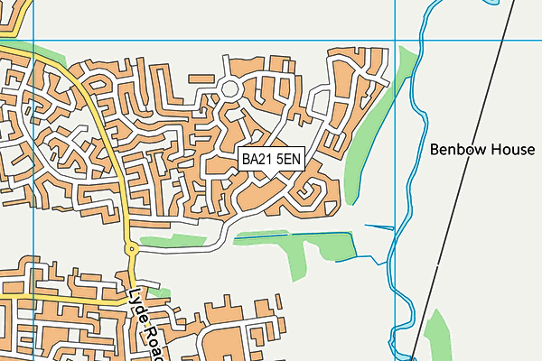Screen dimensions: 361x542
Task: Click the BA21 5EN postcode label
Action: click(271, 159)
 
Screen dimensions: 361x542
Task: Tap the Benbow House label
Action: click(482, 150)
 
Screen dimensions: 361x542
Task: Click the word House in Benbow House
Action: click(514, 150)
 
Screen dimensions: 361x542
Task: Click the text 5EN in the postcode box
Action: click(288, 159)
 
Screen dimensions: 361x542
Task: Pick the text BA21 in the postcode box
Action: click(257, 159)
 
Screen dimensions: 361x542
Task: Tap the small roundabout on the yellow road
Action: click(131, 248)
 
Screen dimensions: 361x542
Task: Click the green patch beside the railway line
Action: click(439, 334)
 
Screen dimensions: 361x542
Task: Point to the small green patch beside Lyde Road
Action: click(159, 292)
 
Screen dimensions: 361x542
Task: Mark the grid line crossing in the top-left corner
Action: click(33, 41)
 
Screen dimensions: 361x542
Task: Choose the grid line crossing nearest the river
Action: click(396, 41)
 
